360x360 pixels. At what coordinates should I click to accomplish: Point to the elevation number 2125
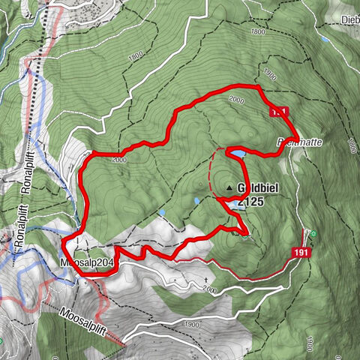(x=249, y=201)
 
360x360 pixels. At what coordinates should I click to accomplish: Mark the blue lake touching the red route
(x=237, y=154)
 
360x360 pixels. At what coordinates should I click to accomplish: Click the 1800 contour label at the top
(x=259, y=32)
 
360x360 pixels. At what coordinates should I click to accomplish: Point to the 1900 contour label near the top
(x=270, y=74)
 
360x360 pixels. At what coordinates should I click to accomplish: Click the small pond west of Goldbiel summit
(x=196, y=201)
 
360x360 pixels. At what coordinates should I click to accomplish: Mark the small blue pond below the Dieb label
(x=324, y=38)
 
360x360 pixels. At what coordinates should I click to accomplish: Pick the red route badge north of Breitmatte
(x=278, y=111)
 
